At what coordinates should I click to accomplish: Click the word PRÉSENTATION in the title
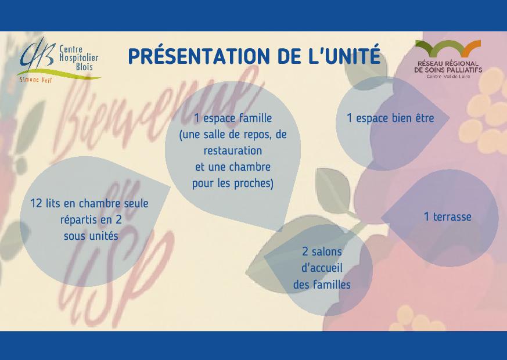(x=199, y=56)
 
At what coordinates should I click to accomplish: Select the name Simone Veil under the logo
(x=35, y=80)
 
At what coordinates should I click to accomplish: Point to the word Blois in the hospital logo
(x=84, y=67)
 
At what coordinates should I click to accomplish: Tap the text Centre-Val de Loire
(x=448, y=77)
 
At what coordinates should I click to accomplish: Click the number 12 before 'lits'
(x=37, y=204)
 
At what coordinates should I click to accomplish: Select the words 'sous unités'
(x=91, y=236)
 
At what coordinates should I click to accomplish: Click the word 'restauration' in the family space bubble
(x=233, y=150)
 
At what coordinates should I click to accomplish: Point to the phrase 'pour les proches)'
(x=233, y=183)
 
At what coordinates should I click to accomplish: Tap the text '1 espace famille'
(x=233, y=118)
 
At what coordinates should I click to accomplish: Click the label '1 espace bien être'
(x=390, y=118)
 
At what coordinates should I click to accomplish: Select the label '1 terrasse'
(x=448, y=217)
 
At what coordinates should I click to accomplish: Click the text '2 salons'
(x=322, y=251)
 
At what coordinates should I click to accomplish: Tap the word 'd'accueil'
(x=322, y=268)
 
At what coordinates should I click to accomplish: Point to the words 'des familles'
(x=322, y=285)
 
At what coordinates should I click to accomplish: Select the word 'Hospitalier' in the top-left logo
(x=78, y=58)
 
